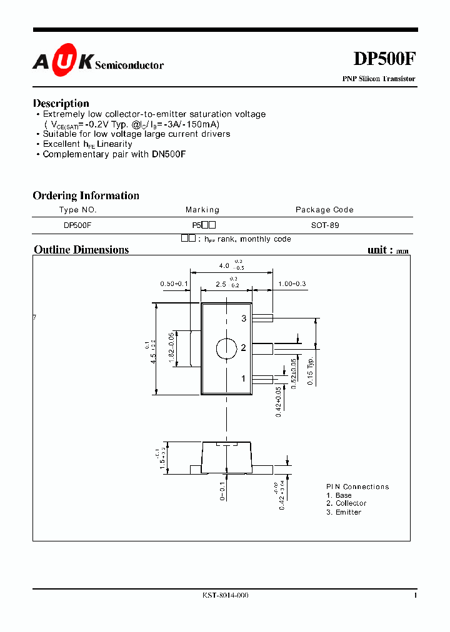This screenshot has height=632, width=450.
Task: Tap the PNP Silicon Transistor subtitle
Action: [378, 79]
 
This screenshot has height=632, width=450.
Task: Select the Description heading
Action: [61, 103]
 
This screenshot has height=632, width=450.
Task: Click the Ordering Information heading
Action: [86, 195]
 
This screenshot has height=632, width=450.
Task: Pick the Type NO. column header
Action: [77, 210]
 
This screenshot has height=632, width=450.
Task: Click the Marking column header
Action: [202, 210]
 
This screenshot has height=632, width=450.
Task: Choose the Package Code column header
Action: [324, 210]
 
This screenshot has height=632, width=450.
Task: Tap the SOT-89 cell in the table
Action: [325, 225]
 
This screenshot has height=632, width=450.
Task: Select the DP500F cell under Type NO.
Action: [77, 225]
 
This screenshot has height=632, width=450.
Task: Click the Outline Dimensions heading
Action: [81, 250]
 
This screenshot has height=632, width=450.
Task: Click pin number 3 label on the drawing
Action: [244, 318]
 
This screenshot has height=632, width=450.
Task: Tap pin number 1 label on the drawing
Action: [244, 378]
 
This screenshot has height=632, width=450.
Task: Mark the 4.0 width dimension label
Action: [224, 266]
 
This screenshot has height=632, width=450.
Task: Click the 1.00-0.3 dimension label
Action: [292, 284]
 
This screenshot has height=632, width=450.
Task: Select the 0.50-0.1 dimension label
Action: [174, 284]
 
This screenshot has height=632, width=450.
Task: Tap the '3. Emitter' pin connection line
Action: [344, 512]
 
